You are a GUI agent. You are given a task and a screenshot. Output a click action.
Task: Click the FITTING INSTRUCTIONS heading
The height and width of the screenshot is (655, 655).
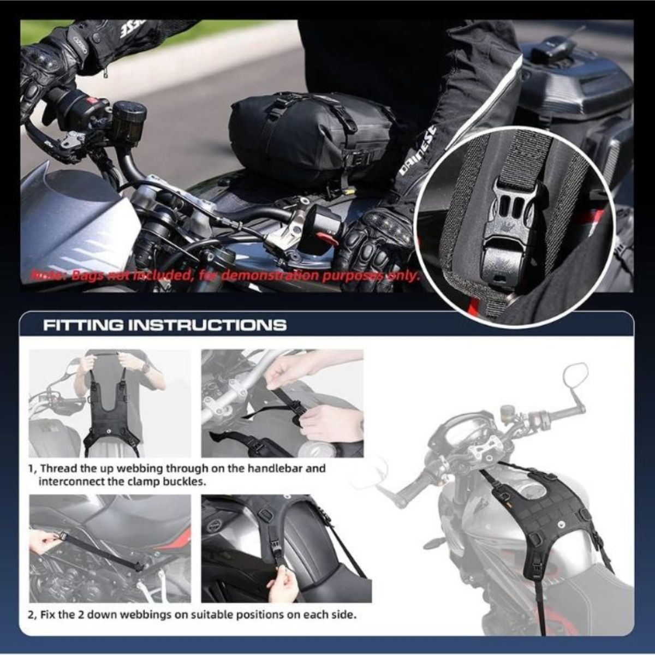click(165, 326)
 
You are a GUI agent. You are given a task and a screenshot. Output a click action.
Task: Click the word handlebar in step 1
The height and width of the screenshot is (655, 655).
click(298, 468)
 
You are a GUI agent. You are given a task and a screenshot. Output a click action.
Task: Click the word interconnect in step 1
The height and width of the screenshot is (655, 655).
click(68, 483)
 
